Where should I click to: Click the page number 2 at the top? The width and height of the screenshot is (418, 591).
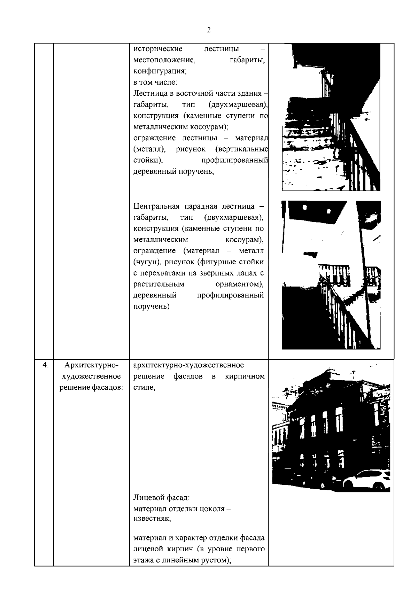click(209, 30)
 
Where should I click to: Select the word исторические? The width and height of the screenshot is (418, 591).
click(158, 49)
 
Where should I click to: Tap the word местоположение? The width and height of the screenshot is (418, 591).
click(164, 60)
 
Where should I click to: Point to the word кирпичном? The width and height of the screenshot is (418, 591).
click(245, 376)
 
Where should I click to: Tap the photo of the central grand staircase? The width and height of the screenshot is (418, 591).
click(331, 275)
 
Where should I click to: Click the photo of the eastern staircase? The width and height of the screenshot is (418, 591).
click(331, 117)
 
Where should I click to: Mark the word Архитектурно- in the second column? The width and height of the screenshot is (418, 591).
click(91, 365)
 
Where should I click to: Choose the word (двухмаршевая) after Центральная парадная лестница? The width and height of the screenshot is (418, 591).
click(234, 218)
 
